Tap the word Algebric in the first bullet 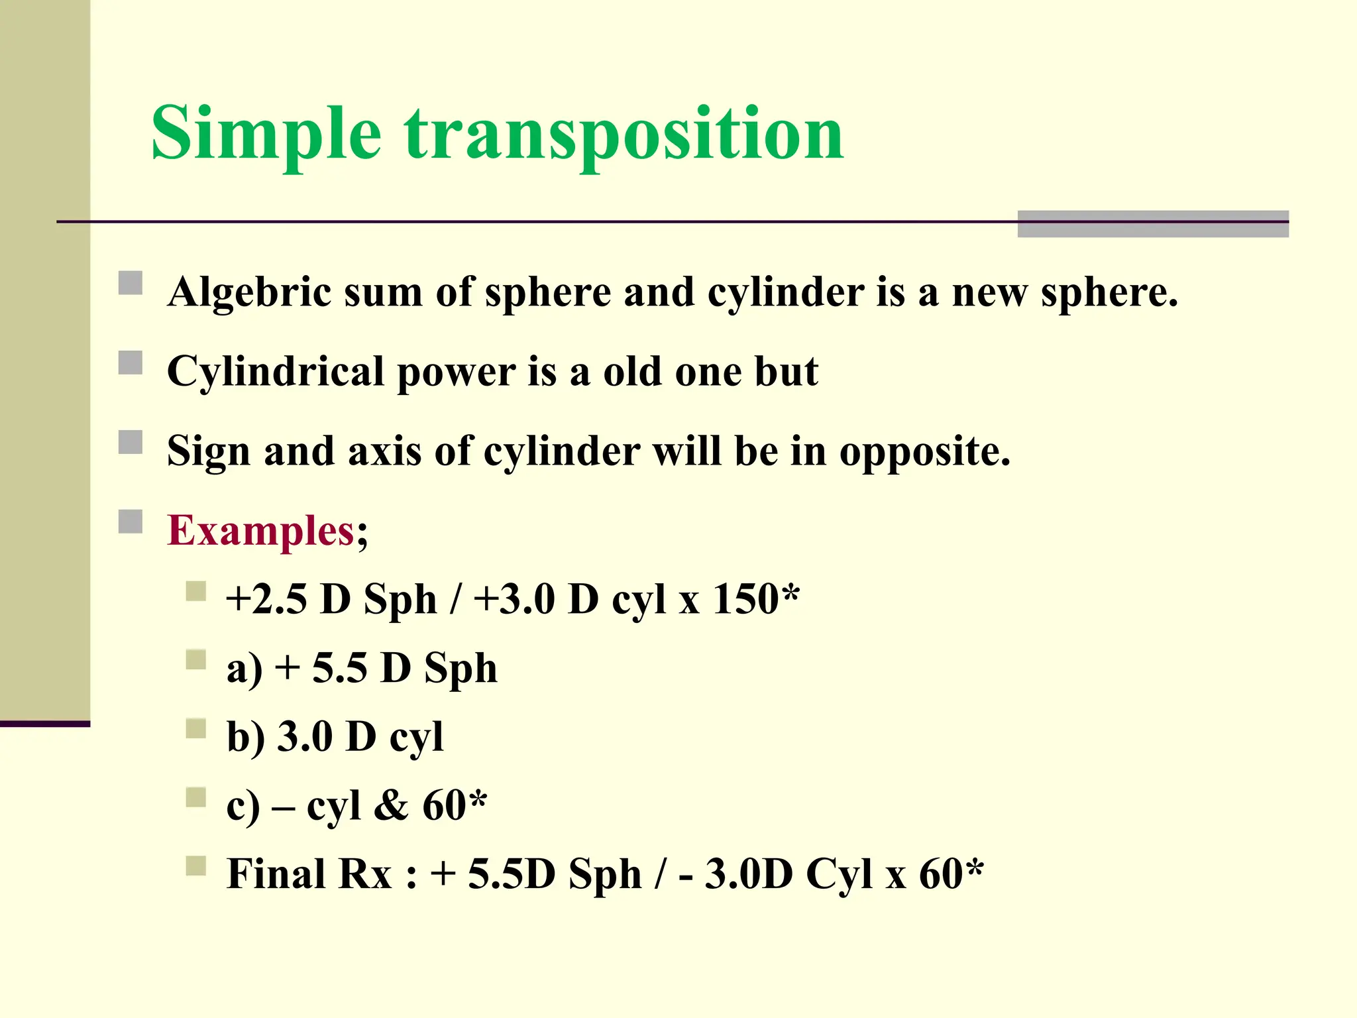click(x=249, y=292)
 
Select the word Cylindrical click(x=276, y=372)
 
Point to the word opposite click(x=924, y=453)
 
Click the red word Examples click(x=261, y=531)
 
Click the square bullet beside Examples click(x=131, y=522)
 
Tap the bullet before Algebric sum click(x=131, y=283)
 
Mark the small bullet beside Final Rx click(x=196, y=866)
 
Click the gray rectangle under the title click(x=1152, y=224)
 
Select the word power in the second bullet click(x=456, y=372)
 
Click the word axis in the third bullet click(x=384, y=453)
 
